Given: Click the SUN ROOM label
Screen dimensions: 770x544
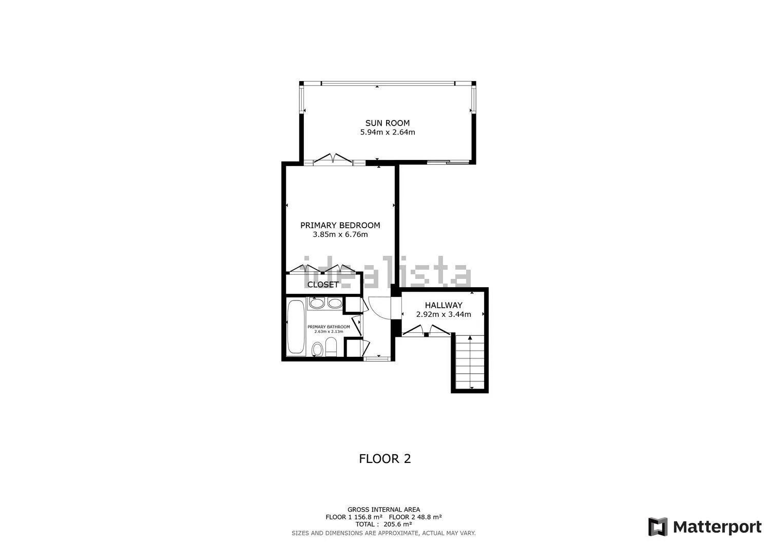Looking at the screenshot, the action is pyautogui.click(x=388, y=123).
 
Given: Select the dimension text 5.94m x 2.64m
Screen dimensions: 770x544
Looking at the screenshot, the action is pyautogui.click(x=388, y=132).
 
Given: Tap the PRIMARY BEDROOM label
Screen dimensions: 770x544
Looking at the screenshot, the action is pyautogui.click(x=340, y=225).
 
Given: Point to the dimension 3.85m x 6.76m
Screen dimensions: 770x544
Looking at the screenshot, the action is pyautogui.click(x=340, y=234).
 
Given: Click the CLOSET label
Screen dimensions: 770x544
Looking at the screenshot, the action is pyautogui.click(x=323, y=285).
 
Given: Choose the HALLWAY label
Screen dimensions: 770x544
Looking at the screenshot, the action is pyautogui.click(x=444, y=305).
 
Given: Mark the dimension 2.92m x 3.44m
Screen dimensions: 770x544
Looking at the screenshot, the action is pyautogui.click(x=444, y=314).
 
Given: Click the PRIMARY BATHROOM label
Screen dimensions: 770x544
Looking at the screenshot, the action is pyautogui.click(x=329, y=327).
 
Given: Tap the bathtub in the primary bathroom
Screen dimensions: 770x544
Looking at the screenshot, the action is pyautogui.click(x=296, y=327).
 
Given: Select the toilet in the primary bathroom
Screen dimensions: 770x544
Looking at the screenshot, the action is pyautogui.click(x=331, y=347).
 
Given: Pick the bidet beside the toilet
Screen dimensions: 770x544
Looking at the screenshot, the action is pyautogui.click(x=317, y=349).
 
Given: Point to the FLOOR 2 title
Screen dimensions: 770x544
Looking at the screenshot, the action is pyautogui.click(x=384, y=459).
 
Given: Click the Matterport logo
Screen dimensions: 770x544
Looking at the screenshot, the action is pyautogui.click(x=705, y=527).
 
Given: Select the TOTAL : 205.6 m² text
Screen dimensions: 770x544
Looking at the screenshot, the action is pyautogui.click(x=383, y=524).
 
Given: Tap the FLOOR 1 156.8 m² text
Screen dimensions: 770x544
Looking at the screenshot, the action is pyautogui.click(x=354, y=517).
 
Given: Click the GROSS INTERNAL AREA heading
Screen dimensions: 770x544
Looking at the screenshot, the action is pyautogui.click(x=383, y=510).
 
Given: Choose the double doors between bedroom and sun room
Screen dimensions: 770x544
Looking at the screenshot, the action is pyautogui.click(x=333, y=158).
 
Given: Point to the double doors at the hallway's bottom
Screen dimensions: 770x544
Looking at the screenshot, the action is pyautogui.click(x=426, y=330).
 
